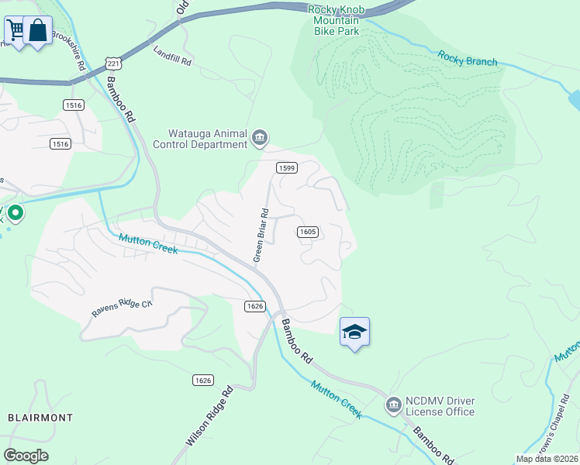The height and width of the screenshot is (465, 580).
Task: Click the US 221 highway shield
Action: click(x=113, y=63)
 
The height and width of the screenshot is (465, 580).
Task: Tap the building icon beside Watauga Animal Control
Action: click(x=260, y=139)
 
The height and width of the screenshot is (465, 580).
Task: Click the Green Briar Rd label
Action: click(x=261, y=235)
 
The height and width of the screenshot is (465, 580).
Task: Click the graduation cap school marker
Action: click(x=354, y=332)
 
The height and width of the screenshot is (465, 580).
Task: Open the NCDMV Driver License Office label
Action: click(x=440, y=406)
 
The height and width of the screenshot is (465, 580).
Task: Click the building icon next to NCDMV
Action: click(x=393, y=405)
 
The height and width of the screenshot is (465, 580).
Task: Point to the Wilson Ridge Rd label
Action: click(x=209, y=416)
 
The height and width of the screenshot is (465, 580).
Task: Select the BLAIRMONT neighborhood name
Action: click(x=40, y=417)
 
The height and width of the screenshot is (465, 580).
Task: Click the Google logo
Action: click(x=26, y=455)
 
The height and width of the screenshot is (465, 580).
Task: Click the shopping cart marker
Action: click(x=16, y=31)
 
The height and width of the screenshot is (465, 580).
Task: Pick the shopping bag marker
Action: click(x=37, y=31)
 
